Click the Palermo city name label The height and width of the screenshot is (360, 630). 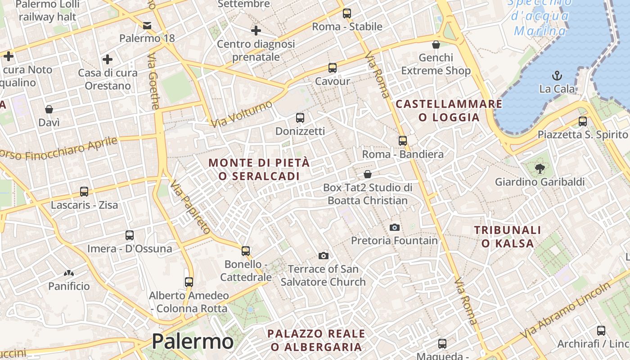tap(192, 342)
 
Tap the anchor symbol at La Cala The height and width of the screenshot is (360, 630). tap(557, 76)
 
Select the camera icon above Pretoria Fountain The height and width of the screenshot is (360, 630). tap(395, 227)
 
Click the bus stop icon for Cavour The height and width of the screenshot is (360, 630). tap(333, 68)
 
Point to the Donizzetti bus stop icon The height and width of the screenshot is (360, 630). tap(300, 118)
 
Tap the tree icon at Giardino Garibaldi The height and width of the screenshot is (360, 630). tap(540, 169)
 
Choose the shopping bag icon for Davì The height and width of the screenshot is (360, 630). tap(49, 109)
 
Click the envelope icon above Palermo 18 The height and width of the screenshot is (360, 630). tap(147, 25)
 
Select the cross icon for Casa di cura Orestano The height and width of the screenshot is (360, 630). tap(108, 59)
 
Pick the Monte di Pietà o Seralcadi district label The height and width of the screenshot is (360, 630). tap(260, 169)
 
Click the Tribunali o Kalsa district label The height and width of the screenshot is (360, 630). tap(508, 237)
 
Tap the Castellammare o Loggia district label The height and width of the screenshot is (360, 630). tap(449, 111)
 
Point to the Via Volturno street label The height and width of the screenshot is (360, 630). tap(242, 113)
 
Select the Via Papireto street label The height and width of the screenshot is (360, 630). tap(191, 207)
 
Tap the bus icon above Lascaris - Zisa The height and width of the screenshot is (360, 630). tap(84, 192)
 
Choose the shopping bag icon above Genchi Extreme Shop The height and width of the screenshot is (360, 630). tap(436, 45)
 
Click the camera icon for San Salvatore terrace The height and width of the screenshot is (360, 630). tap(323, 256)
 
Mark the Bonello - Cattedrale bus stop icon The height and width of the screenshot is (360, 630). tap(246, 251)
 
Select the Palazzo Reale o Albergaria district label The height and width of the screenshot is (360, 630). tap(316, 340)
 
